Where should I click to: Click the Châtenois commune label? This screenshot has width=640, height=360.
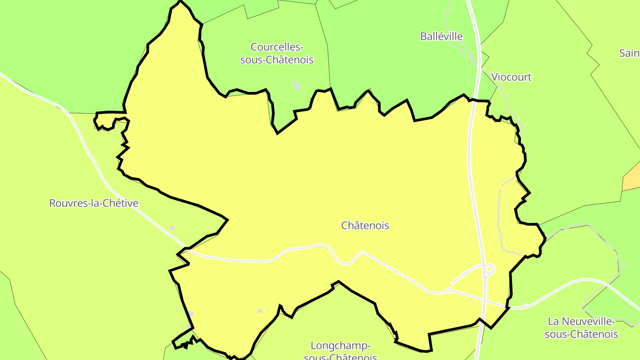coord(365,225)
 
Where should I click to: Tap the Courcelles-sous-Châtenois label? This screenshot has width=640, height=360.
coord(277,53)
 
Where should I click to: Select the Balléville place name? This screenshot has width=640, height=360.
coord(441,36)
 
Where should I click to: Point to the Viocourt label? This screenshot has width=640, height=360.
coord(511,77)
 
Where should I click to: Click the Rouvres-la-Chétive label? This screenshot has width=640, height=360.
coord(93,204)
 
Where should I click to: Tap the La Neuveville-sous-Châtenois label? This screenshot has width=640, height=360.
coord(581,328)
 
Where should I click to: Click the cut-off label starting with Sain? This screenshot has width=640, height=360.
coord(629,53)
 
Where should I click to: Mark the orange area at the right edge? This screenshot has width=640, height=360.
coord(632,178)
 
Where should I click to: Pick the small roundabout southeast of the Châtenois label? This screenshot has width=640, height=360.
coord(449,290)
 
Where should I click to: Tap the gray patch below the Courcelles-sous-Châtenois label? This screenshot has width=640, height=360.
coord(297,86)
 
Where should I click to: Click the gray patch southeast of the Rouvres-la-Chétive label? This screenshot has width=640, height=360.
coord(172,228)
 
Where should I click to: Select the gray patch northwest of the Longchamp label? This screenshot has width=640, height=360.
coord(260,311)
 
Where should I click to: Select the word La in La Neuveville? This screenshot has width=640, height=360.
coord(553,321)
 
